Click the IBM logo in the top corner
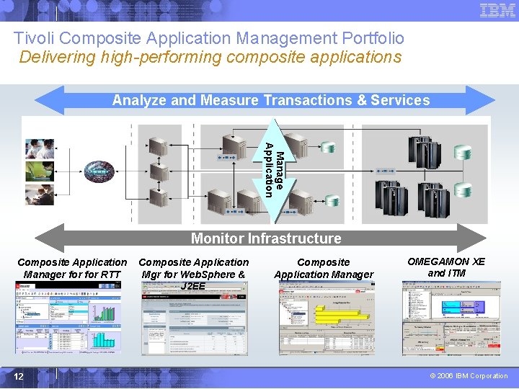click(497, 10)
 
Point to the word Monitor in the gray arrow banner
click(217, 238)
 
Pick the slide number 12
click(18, 375)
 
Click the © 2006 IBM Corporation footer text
click(469, 376)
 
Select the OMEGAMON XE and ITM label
click(446, 267)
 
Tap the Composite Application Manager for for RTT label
click(72, 269)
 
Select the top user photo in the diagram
click(40, 148)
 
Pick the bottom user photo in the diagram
click(40, 195)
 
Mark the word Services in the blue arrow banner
click(400, 101)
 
